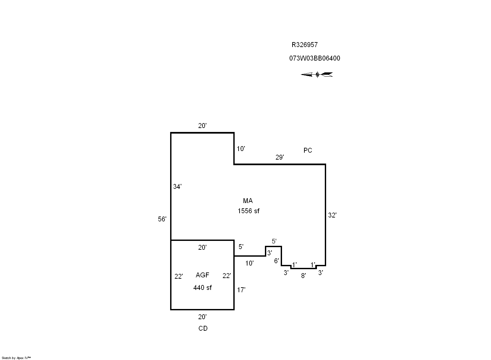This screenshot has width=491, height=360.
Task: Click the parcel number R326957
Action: [304, 45]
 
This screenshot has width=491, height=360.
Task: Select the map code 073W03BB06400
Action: [315, 58]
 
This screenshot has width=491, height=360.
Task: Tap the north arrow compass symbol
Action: [317, 75]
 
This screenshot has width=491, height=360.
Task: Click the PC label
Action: [308, 150]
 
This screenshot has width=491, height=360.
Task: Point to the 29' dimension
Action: [279, 157]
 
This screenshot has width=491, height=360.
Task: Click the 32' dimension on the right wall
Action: [332, 215]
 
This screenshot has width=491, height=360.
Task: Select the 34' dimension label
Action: [177, 187]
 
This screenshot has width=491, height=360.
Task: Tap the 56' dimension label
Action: [162, 219]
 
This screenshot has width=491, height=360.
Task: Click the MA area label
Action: [248, 201]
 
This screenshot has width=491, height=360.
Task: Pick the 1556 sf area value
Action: [248, 211]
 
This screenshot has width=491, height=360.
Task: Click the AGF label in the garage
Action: [202, 275]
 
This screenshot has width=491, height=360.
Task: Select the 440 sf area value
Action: [202, 288]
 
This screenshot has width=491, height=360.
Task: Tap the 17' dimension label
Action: [241, 290]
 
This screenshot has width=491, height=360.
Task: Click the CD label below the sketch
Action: [203, 328]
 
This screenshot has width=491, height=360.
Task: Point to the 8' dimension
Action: [303, 276]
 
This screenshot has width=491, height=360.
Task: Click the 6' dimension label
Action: [276, 261]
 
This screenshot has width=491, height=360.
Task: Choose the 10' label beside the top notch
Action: [241, 149]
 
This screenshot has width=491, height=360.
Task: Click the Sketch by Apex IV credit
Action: [16, 358]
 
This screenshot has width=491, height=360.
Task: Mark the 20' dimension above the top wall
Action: [202, 126]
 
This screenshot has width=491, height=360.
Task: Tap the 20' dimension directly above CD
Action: [202, 317]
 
